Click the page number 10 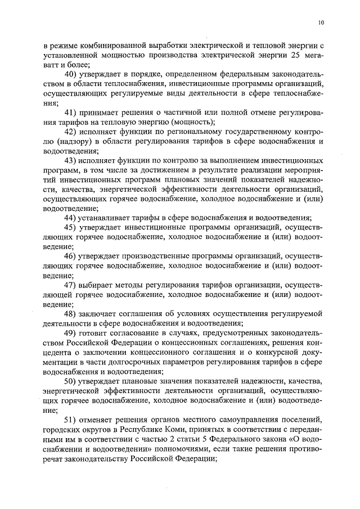tap(321, 22)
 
